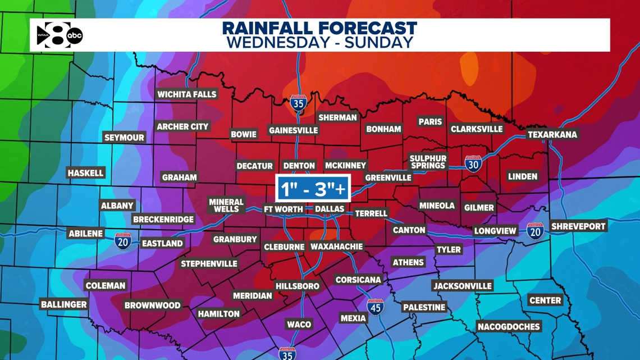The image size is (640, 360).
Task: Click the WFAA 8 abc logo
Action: [x=60, y=35]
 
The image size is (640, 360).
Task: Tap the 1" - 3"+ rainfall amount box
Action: [x=313, y=189]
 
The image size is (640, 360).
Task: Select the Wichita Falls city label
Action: [x=187, y=94]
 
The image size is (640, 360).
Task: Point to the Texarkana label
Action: [x=552, y=135]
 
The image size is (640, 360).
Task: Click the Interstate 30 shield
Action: [x=473, y=164]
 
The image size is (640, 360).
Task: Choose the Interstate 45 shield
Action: [x=375, y=307]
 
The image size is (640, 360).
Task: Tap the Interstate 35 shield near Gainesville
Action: [x=298, y=104]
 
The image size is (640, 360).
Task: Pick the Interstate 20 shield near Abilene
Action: [x=122, y=241]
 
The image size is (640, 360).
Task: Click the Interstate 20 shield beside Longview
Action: [x=535, y=230]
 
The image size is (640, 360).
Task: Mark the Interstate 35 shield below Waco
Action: [x=287, y=353]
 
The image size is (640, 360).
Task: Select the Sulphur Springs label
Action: [x=428, y=162]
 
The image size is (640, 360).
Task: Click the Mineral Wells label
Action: [x=226, y=206]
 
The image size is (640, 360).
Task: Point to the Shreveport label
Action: [x=578, y=226]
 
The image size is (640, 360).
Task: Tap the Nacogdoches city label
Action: [x=509, y=326]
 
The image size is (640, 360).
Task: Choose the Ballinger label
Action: [x=64, y=304]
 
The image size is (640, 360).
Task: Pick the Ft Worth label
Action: [x=284, y=209]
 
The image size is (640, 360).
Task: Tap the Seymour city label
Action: [x=124, y=138]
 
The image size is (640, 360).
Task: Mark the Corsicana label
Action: [x=358, y=280]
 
